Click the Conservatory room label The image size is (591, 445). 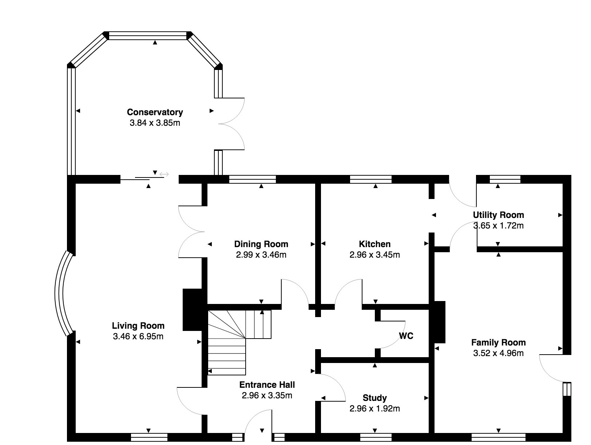(x=155, y=112)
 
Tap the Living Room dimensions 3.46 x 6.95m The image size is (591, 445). (x=138, y=336)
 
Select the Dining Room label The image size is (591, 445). (x=261, y=244)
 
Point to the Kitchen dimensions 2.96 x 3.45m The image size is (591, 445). (x=374, y=255)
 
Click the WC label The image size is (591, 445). (x=406, y=336)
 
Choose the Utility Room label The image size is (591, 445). (x=498, y=215)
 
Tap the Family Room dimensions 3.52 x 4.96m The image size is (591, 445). (x=498, y=353)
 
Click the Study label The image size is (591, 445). (x=374, y=398)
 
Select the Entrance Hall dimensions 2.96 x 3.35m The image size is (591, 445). (x=267, y=395)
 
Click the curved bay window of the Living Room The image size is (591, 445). (x=62, y=293)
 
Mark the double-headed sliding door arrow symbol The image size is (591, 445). (x=164, y=175)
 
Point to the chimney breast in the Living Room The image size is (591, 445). (x=192, y=310)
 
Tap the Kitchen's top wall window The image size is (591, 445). (x=371, y=179)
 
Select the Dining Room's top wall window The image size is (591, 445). (x=253, y=179)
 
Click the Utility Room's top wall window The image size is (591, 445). (x=505, y=179)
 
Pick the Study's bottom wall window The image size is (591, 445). (x=376, y=437)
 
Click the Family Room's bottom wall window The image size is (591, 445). (x=498, y=437)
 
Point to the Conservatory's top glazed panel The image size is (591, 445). (x=148, y=36)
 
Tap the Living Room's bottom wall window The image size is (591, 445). (x=149, y=437)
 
